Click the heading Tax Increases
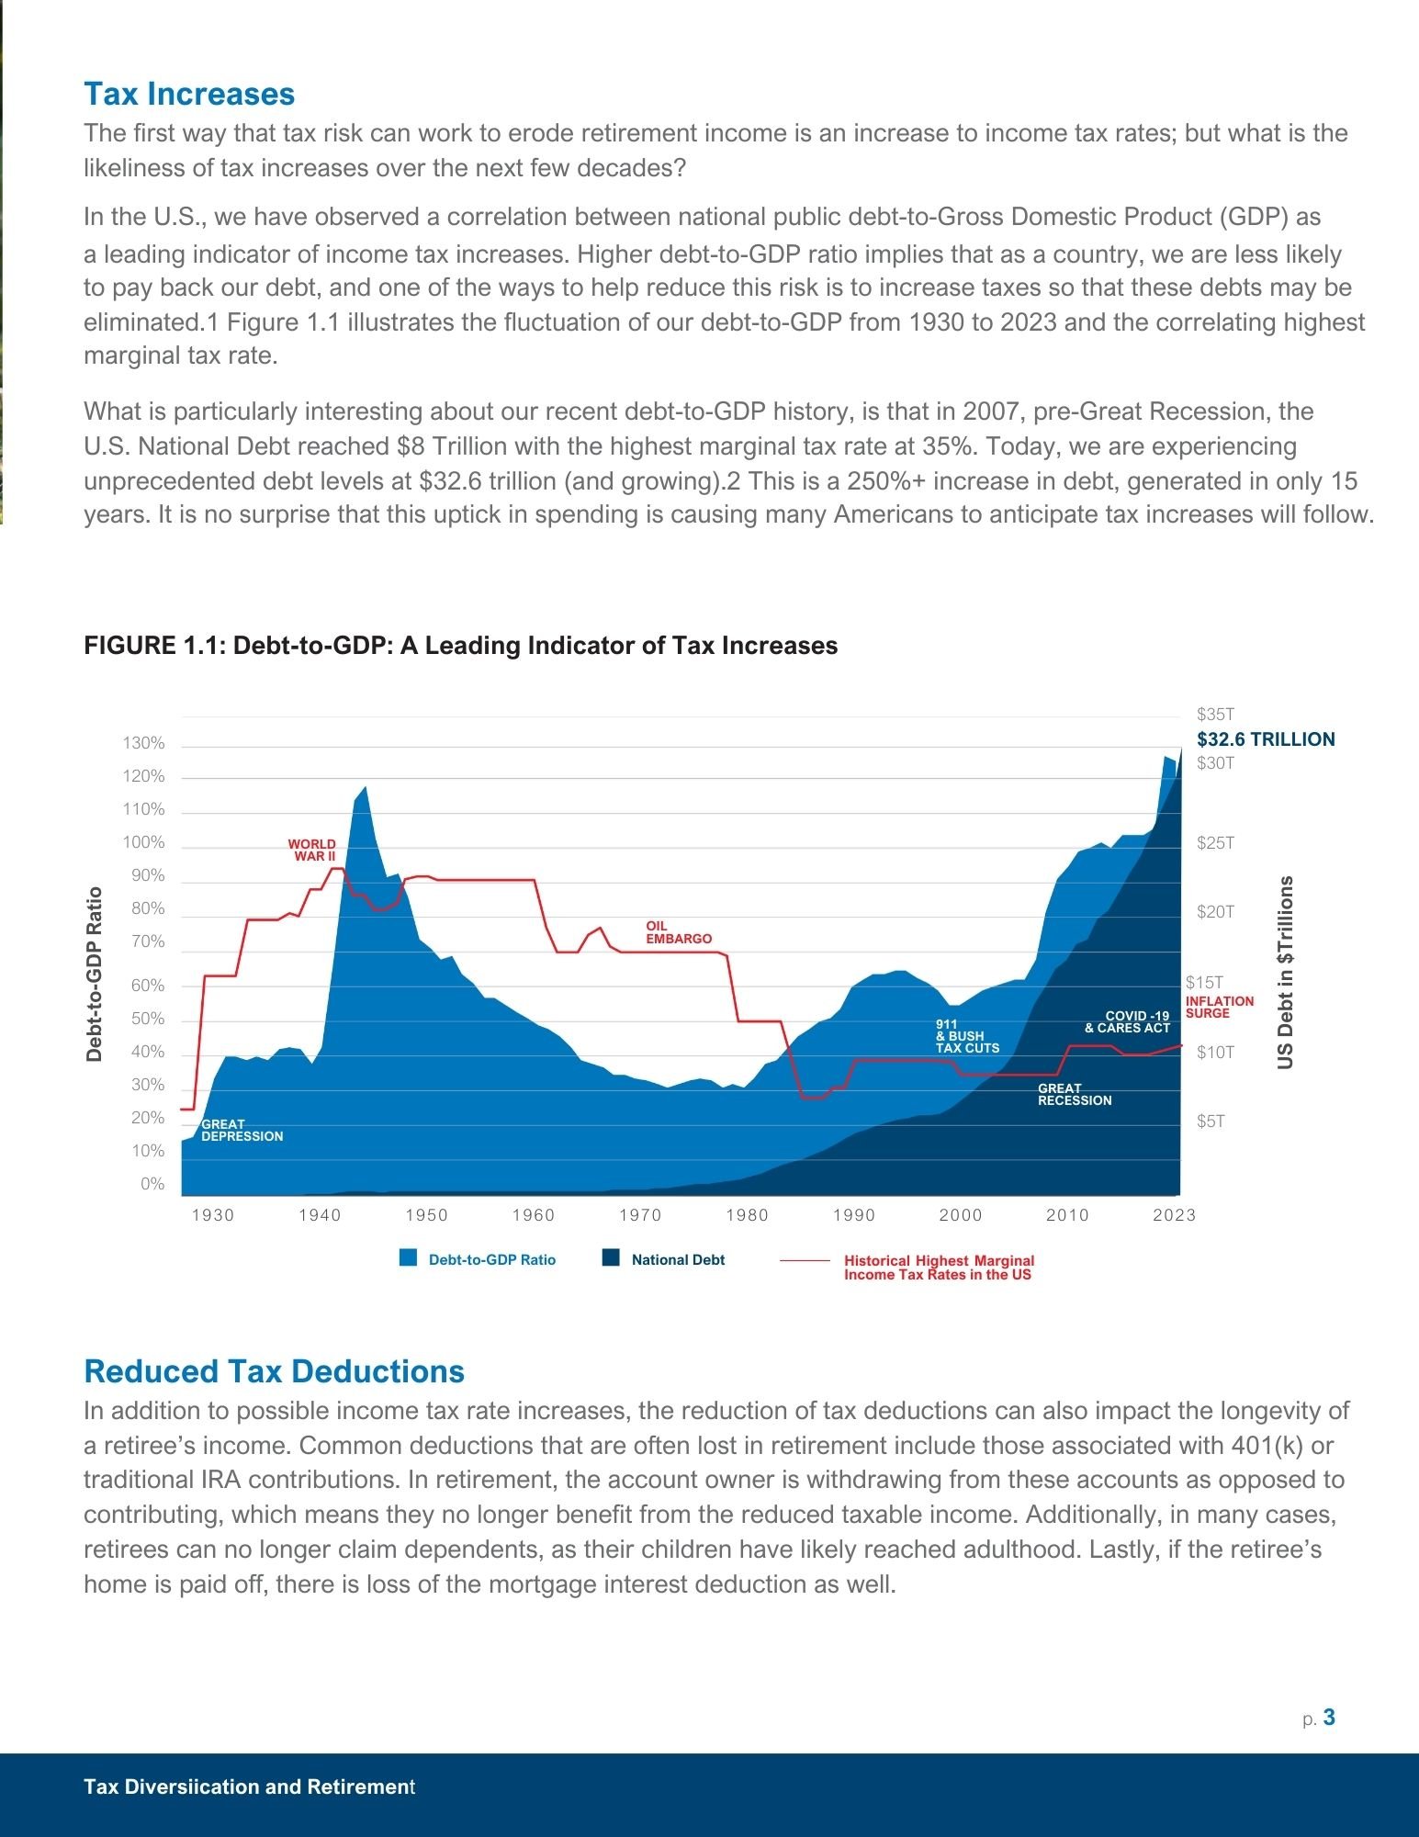[189, 94]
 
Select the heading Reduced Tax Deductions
[274, 1371]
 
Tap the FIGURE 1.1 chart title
[460, 646]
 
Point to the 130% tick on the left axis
[144, 743]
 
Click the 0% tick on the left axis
[152, 1184]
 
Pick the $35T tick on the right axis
[1215, 715]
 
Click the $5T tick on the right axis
[1211, 1121]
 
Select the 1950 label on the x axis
[426, 1215]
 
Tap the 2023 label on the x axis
[1174, 1215]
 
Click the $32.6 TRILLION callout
[1266, 739]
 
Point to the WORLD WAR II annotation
[312, 850]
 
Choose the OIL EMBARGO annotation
[678, 932]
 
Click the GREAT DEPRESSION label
[242, 1130]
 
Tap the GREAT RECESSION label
[1074, 1094]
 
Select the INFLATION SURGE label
[1219, 1007]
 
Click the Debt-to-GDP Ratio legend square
[409, 1258]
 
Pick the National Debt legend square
[611, 1258]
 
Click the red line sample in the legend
[805, 1261]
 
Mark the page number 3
[1329, 1718]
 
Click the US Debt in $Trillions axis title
[1286, 972]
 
